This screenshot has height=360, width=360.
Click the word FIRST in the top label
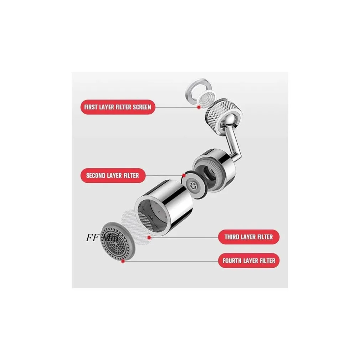[92, 107]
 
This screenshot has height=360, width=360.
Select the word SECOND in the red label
[96, 175]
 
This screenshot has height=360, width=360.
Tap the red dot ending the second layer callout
[184, 175]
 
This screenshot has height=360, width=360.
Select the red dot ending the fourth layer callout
[123, 261]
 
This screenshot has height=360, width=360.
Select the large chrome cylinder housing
[165, 207]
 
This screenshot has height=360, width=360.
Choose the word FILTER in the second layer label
[128, 175]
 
